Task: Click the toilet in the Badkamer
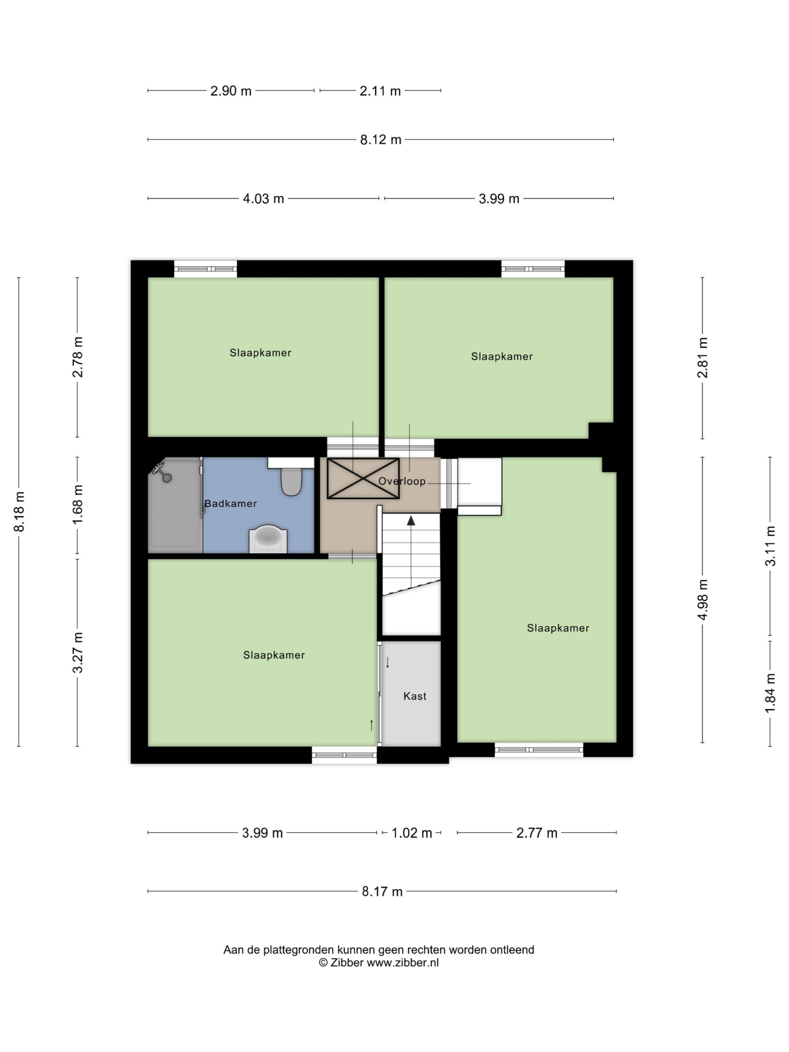pos(291,482)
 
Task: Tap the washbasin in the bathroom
pos(268,538)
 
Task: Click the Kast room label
pos(415,696)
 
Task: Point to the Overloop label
pos(402,481)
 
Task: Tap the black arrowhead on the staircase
pos(411,520)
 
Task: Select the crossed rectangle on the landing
pos(363,478)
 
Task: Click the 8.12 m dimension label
pos(381,140)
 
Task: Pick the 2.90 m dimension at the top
pos(231,91)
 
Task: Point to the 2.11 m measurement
pos(380,91)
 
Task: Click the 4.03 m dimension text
pos(263,199)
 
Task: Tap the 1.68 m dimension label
pos(78,505)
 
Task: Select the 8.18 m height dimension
pos(19,512)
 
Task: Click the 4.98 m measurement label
pos(702,600)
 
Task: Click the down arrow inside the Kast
pos(388,662)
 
